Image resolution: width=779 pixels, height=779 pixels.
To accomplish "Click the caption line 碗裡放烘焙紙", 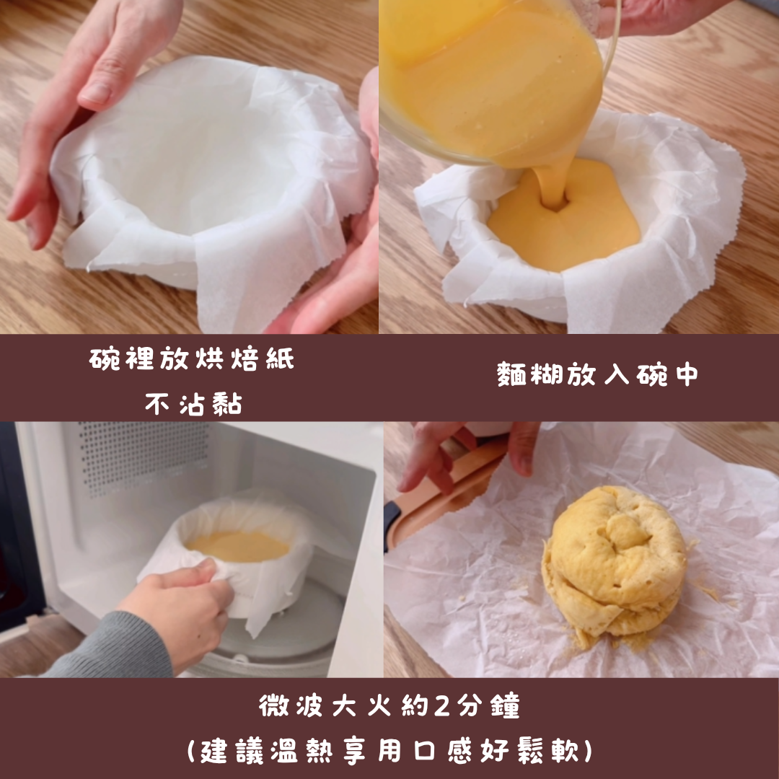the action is tap(192, 358).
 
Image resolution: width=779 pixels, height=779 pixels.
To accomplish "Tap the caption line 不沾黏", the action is tap(194, 403).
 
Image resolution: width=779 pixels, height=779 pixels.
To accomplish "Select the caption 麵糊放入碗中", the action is tap(598, 374).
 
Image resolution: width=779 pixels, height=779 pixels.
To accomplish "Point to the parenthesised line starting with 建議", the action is tap(389, 751).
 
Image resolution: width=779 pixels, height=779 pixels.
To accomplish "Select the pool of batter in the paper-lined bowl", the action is tap(564, 216).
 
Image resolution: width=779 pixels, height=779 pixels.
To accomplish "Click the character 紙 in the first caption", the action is tap(280, 358).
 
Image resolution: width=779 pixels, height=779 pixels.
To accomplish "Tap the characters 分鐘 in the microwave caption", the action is tap(488, 705).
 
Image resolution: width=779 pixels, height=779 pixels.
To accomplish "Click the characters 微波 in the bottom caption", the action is tap(291, 705).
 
